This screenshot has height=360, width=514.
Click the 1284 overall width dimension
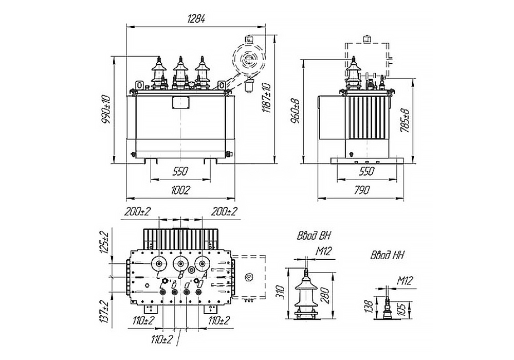[196, 19]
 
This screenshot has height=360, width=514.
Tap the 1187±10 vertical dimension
[266, 98]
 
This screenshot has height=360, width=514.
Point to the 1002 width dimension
[181, 190]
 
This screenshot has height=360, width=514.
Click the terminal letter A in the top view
[206, 276]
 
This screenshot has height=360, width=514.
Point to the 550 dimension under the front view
[180, 171]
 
